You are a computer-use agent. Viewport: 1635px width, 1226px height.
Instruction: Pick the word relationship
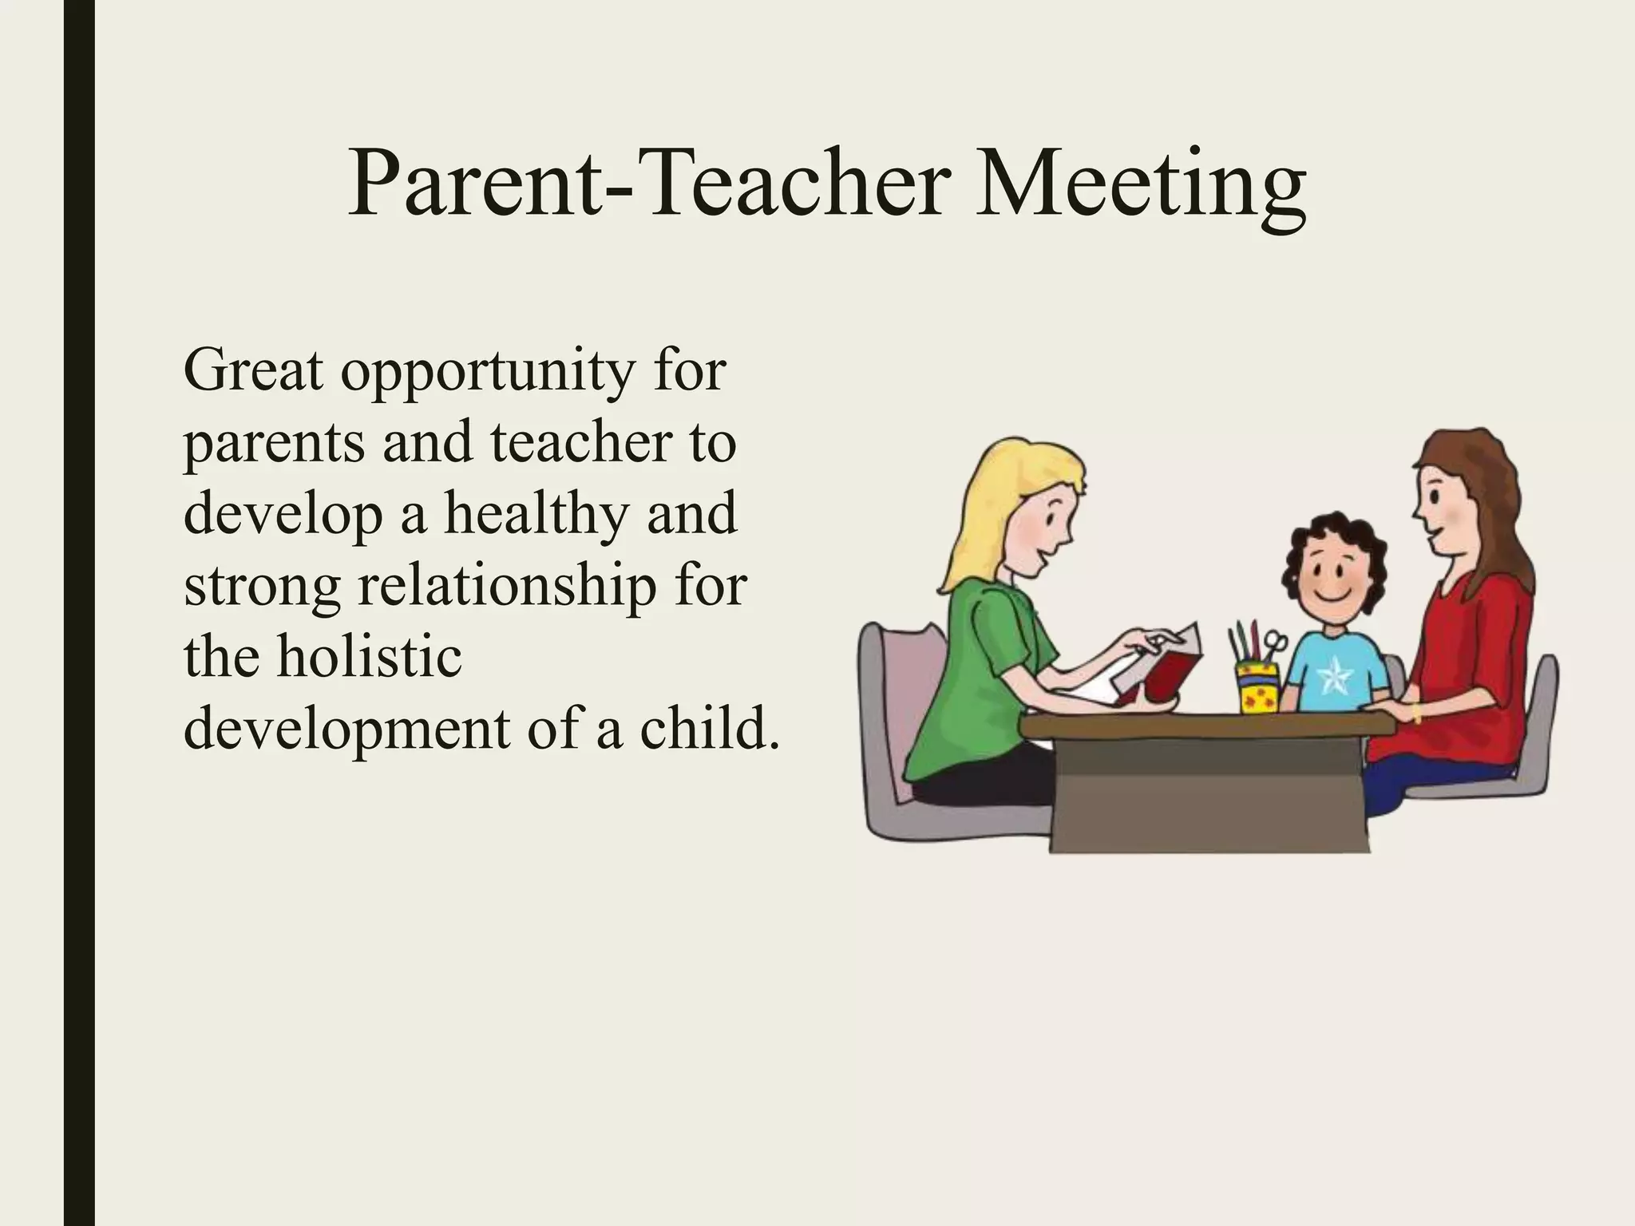(x=508, y=587)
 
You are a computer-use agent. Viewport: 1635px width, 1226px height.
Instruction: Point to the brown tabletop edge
(x=1205, y=725)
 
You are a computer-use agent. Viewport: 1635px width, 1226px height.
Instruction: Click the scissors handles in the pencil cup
(x=1275, y=643)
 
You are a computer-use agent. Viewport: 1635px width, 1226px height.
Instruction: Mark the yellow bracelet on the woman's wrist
(x=1416, y=711)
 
